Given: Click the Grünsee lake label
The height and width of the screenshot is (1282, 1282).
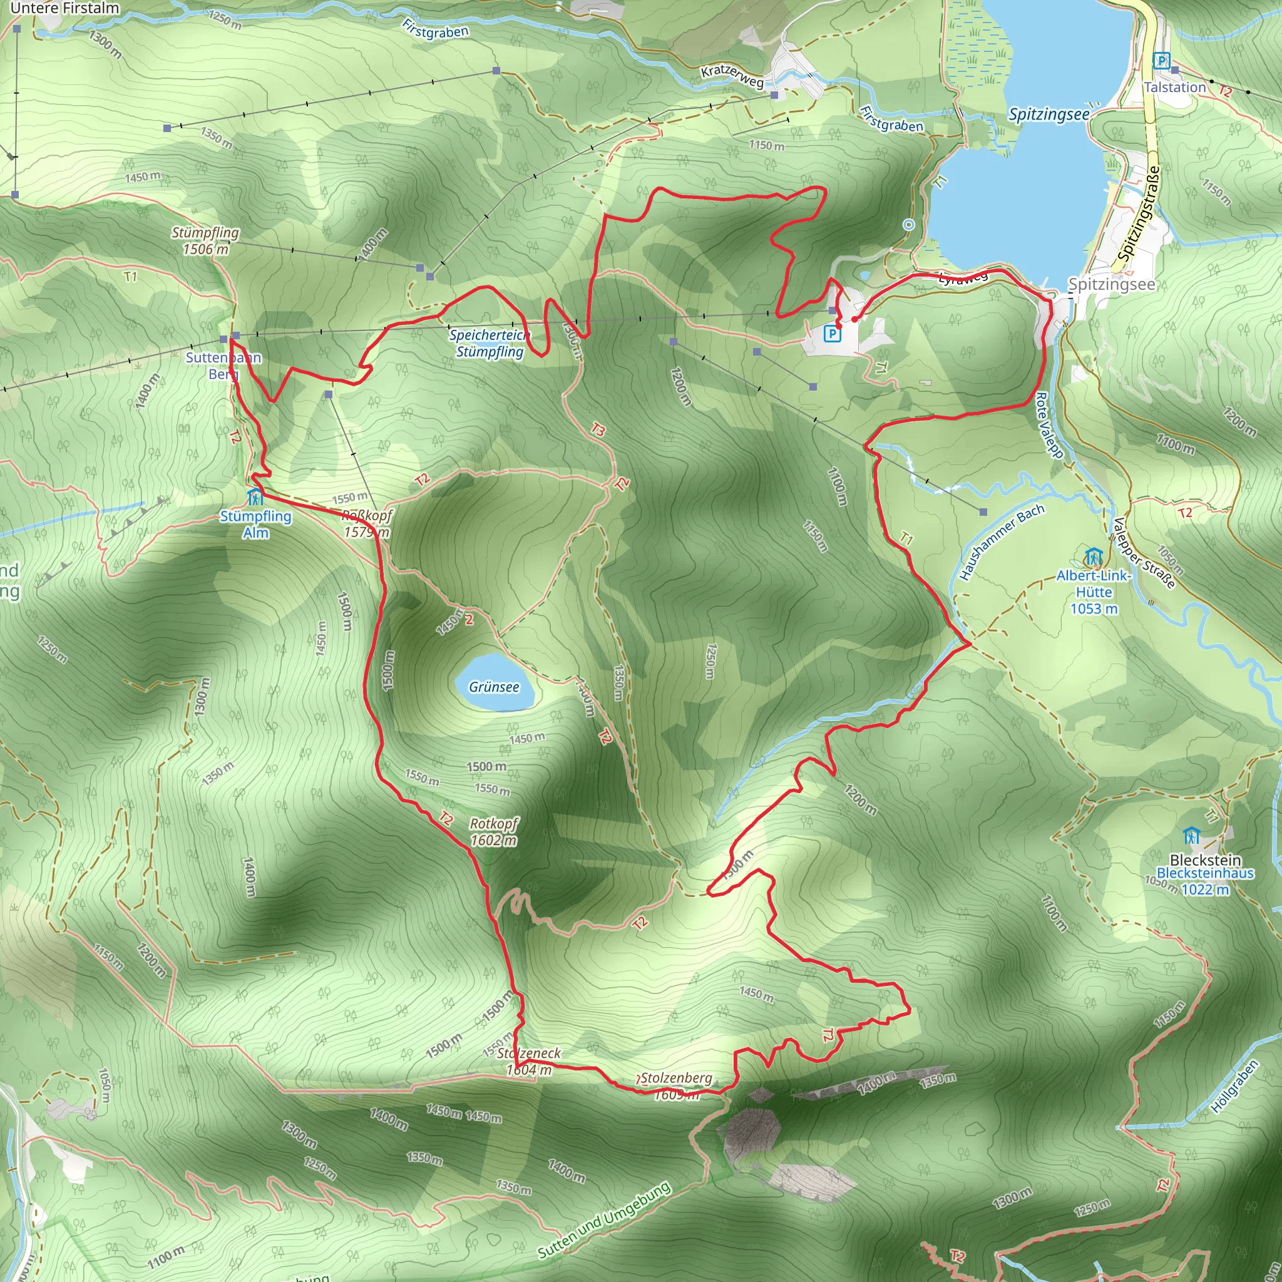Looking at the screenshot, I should (x=494, y=687).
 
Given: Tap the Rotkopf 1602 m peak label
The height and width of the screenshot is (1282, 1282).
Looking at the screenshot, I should (x=494, y=831).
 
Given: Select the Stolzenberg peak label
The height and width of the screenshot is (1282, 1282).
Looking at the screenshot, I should (x=676, y=1079).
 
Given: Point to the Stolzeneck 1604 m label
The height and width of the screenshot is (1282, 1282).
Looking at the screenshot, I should (x=529, y=1061).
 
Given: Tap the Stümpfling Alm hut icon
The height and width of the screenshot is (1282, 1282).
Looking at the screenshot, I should (x=255, y=497).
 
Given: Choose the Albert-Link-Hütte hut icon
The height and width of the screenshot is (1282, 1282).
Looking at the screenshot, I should (x=1093, y=556).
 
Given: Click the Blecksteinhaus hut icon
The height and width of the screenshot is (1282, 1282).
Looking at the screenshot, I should (x=1191, y=836).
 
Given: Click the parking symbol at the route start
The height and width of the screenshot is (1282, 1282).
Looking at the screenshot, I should (x=831, y=333).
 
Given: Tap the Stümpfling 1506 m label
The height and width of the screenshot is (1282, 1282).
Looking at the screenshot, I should (x=205, y=241).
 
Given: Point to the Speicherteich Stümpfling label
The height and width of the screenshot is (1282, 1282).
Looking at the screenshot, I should (x=490, y=343).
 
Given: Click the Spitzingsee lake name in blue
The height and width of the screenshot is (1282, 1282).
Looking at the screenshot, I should (x=1049, y=115).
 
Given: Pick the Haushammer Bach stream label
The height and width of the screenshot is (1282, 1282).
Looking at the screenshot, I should (x=1002, y=542).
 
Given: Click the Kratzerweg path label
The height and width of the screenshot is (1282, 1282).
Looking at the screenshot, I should (x=732, y=77).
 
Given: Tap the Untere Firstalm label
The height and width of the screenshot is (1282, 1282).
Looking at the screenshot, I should (x=64, y=9).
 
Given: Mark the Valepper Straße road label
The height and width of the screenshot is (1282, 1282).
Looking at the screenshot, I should (x=1146, y=553).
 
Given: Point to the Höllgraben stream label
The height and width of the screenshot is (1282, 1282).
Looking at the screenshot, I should (x=1234, y=1086).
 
